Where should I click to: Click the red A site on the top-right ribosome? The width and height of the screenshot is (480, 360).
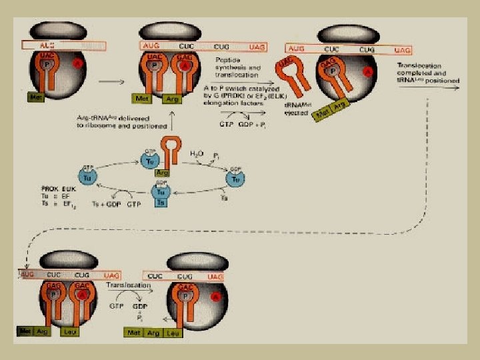pyautogui.click(x=367, y=71)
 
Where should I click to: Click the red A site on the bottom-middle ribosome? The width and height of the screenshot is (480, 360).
pyautogui.click(x=216, y=295)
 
